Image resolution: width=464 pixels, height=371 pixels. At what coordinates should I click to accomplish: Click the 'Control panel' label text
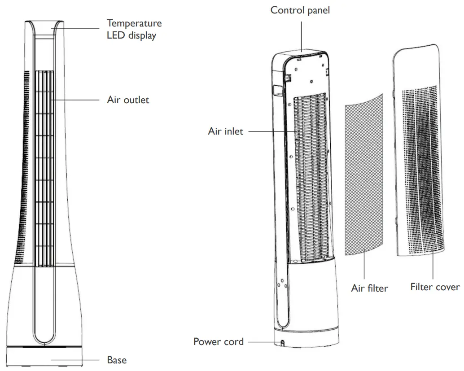click(x=300, y=10)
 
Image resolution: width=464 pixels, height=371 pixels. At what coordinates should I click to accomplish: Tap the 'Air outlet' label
click(x=128, y=100)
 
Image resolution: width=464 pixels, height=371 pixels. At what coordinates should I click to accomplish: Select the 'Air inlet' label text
click(x=225, y=131)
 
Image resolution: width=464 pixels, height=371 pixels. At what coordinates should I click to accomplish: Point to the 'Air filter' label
click(x=369, y=288)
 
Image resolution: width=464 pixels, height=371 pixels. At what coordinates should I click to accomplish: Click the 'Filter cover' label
click(x=435, y=287)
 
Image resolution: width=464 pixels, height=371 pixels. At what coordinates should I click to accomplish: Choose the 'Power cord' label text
click(x=219, y=342)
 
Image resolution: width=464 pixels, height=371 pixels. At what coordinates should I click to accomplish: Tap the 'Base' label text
click(x=117, y=360)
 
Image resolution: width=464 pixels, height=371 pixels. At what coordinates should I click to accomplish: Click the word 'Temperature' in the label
click(x=134, y=23)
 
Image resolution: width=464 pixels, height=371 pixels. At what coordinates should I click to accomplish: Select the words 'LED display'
click(x=131, y=35)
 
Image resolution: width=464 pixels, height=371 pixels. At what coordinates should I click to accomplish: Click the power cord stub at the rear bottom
click(x=283, y=343)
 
